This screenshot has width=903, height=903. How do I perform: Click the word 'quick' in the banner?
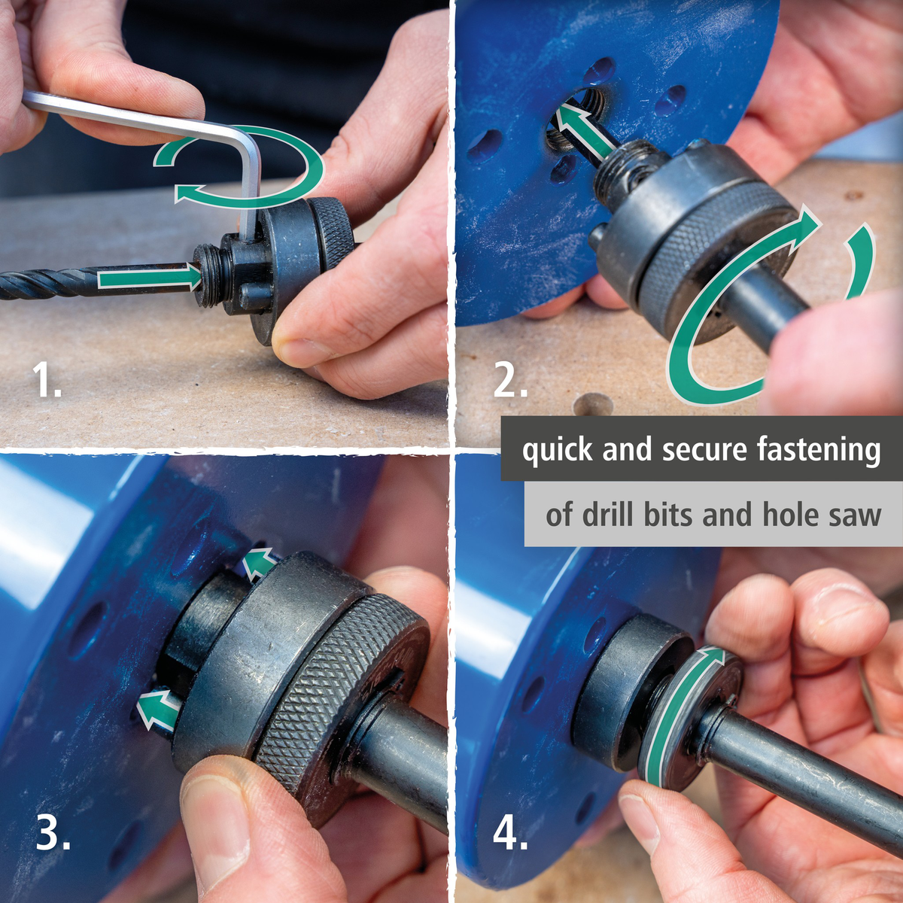(557, 450)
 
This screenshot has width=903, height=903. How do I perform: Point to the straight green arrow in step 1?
(150, 278)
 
